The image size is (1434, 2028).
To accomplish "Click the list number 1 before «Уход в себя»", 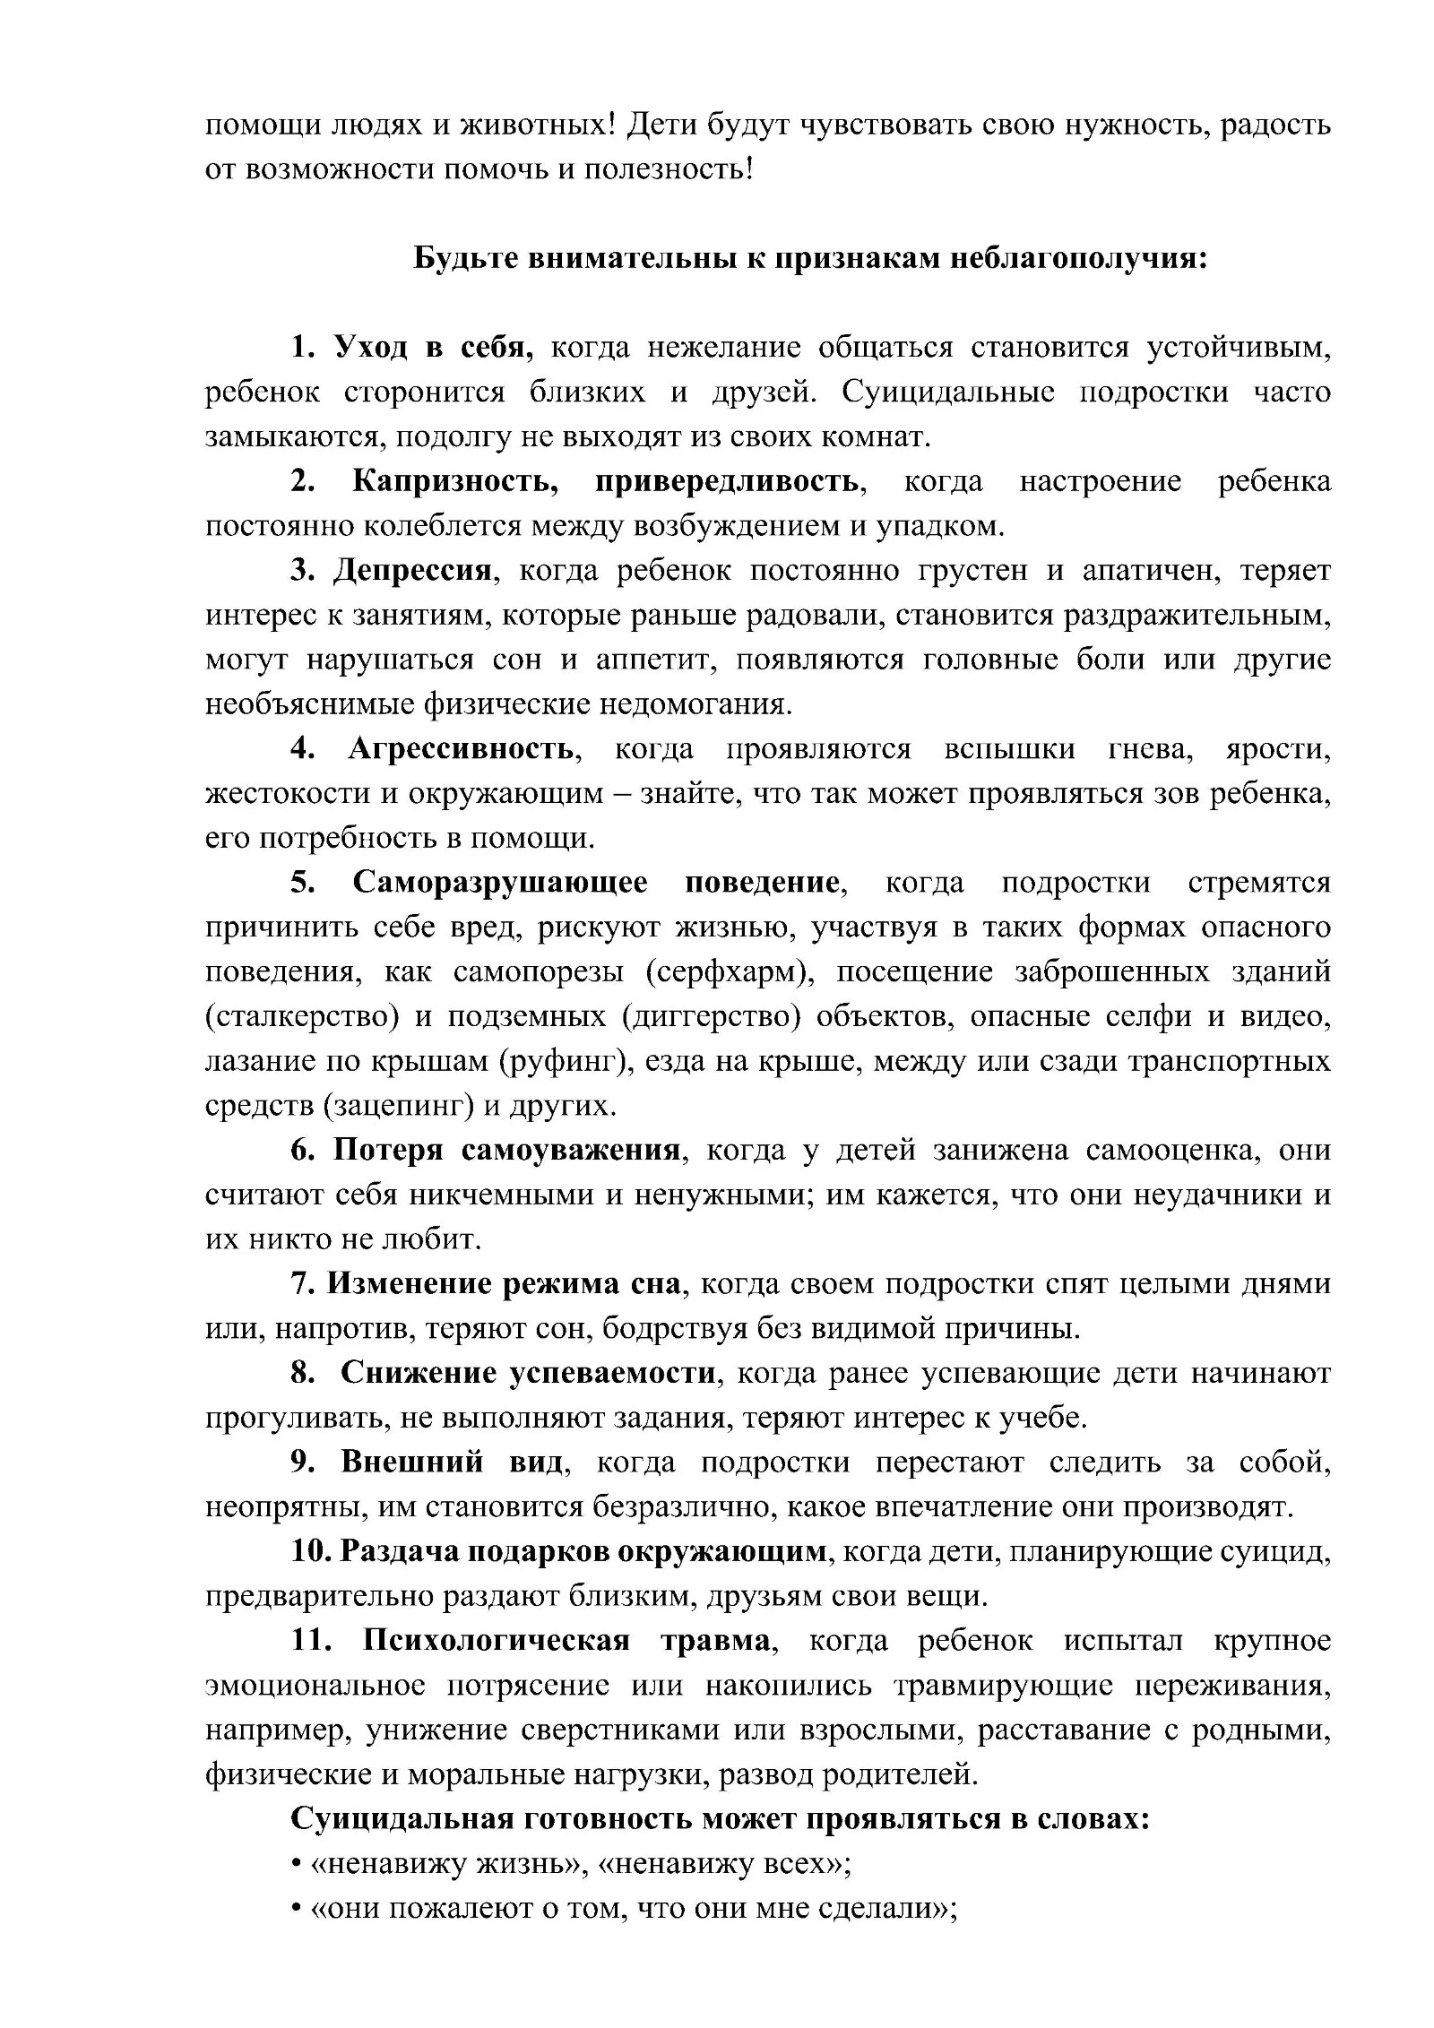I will tap(299, 347).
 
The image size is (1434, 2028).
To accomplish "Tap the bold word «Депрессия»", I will tap(413, 570).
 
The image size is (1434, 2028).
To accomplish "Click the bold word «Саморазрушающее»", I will tap(500, 882).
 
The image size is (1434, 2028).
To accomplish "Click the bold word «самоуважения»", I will tap(571, 1150).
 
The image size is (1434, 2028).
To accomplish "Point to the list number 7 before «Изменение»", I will tap(299, 1284).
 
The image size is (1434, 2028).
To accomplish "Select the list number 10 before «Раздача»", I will tap(309, 1551).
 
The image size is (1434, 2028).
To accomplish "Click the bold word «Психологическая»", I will tap(496, 1641).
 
